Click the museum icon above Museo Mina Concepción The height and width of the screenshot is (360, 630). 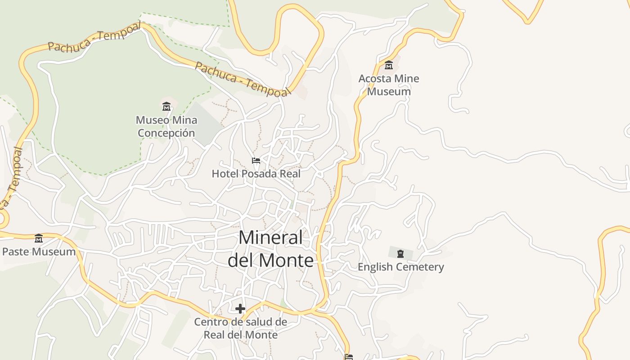(166, 107)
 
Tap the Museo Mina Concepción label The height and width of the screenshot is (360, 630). (166, 126)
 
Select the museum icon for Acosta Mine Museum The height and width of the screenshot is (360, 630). (389, 65)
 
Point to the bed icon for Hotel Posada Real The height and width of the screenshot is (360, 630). (256, 161)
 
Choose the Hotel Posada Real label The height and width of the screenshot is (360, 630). (256, 174)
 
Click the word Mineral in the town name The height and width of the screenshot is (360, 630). (271, 238)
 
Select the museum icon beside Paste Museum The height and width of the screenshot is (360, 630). (39, 238)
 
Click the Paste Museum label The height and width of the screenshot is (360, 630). (39, 252)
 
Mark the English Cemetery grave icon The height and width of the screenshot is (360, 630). (400, 254)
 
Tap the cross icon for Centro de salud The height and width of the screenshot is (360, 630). (240, 308)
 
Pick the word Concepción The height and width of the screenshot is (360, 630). (166, 133)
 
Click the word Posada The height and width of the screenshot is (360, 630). (255, 174)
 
